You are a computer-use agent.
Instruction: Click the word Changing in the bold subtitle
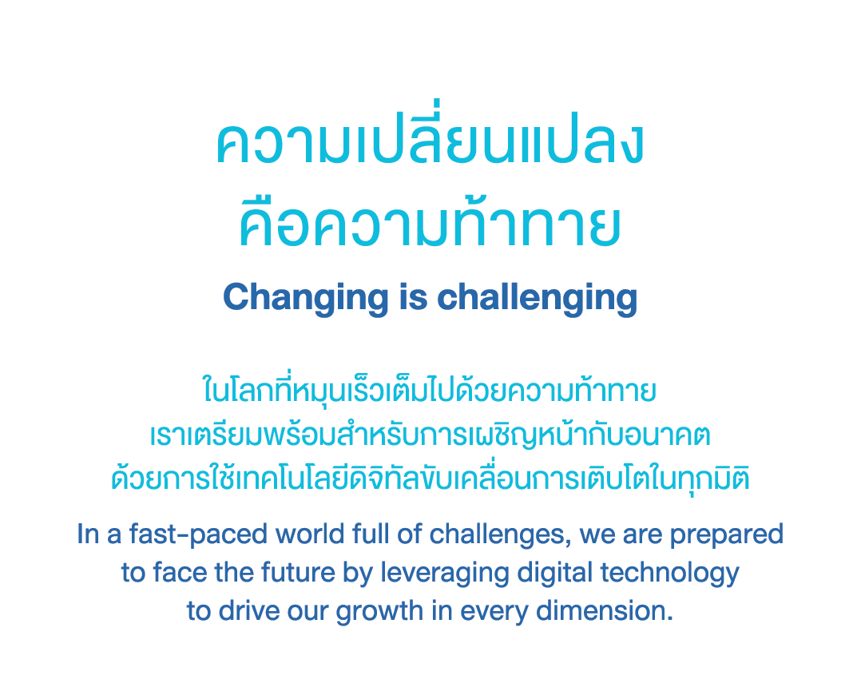click(306, 298)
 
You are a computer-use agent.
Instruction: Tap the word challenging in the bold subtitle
click(537, 298)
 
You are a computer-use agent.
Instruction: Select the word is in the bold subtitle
click(413, 297)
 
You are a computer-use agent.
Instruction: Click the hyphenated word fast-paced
click(198, 535)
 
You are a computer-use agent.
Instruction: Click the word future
click(298, 573)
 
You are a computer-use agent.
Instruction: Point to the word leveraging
click(445, 574)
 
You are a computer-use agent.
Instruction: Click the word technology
click(669, 574)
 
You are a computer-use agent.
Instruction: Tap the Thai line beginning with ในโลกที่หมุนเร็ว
click(430, 391)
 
